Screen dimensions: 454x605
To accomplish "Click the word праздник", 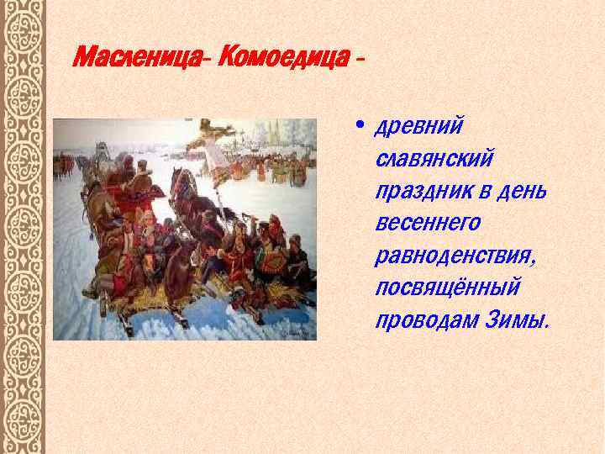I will point(418,191).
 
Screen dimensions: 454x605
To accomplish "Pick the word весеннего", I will point(429,223).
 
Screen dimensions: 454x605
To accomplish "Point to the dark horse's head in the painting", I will point(181,182).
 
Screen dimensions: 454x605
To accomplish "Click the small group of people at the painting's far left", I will point(62,163).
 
